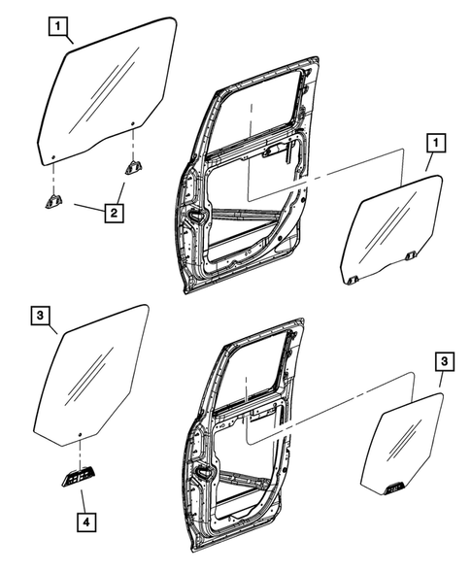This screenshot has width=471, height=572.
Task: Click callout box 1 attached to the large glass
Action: (x=60, y=27)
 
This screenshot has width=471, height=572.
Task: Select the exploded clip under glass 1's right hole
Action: (x=132, y=168)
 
